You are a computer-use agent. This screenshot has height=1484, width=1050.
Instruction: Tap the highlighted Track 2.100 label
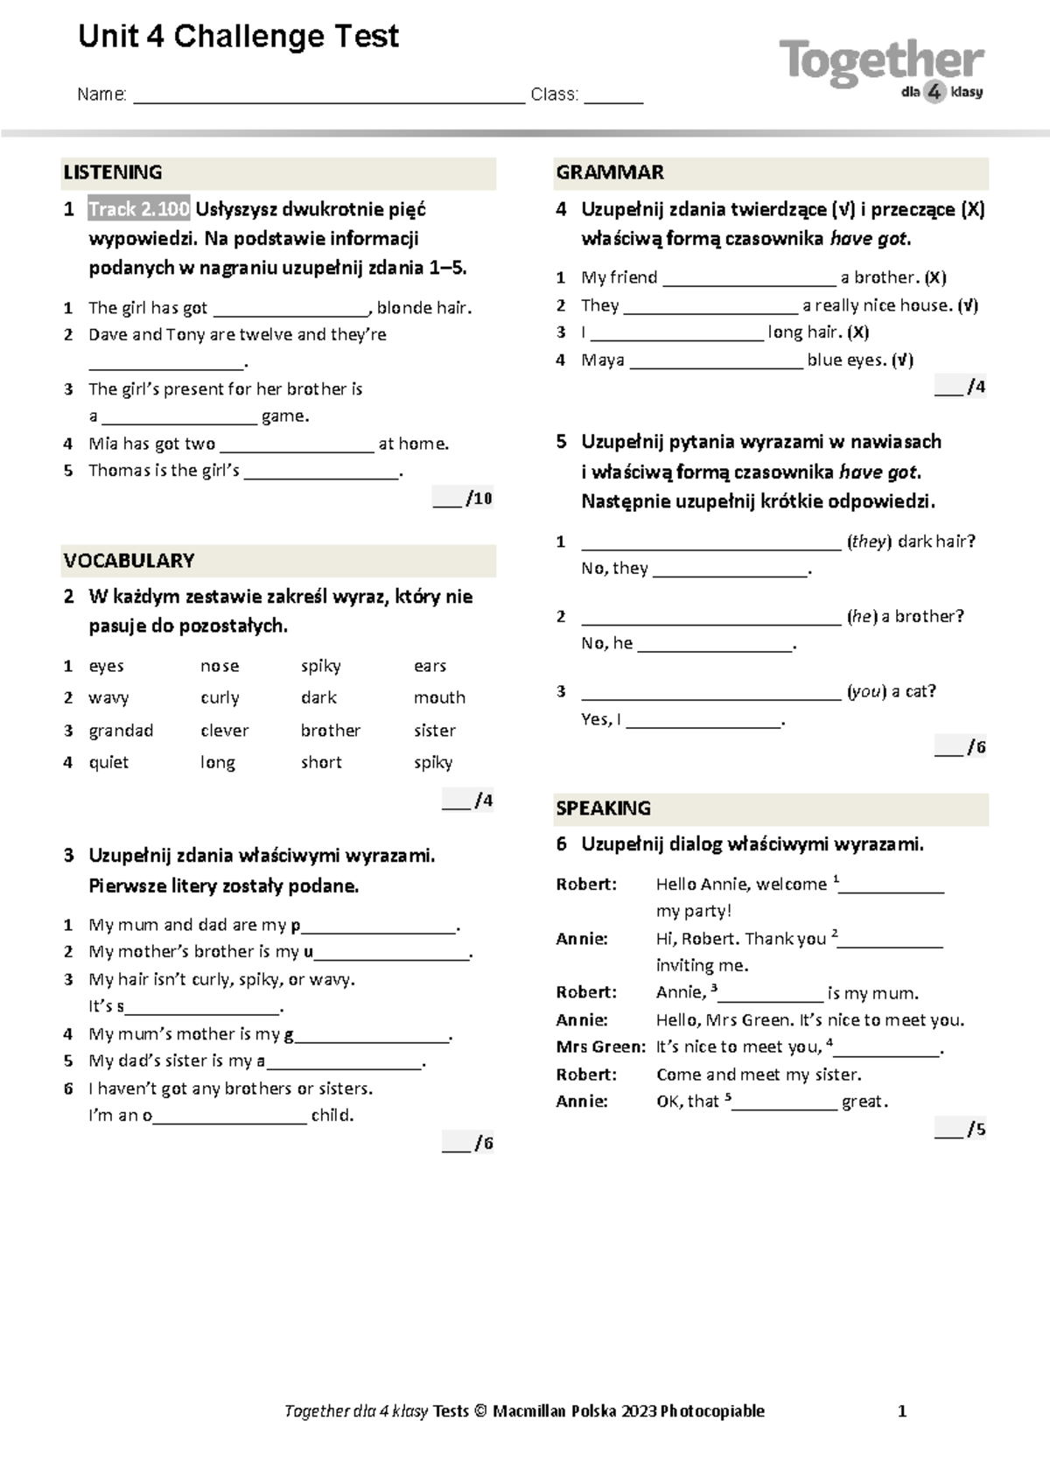point(139,209)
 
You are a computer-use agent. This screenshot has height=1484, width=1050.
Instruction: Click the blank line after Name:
point(328,96)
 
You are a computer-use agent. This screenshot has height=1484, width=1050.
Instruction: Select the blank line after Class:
point(613,96)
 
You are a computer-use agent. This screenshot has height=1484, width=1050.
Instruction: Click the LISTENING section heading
point(113,172)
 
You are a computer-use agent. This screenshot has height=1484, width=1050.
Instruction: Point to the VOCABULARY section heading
point(129,560)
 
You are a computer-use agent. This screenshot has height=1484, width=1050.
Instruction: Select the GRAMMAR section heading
point(610,172)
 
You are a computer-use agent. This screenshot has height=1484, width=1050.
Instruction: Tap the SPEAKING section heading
point(604,808)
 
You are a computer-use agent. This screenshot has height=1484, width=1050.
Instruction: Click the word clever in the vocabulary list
point(225,731)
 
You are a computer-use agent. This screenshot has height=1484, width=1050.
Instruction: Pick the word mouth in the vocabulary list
point(439,698)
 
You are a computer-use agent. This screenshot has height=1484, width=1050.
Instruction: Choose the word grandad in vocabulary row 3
point(121,731)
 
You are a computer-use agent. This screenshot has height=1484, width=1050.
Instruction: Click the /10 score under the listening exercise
point(478,499)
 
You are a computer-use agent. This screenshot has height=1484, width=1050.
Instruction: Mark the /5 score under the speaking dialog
point(975,1130)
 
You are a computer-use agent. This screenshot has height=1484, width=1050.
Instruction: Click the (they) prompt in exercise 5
point(869,542)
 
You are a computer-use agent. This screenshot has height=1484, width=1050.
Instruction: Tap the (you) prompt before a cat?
point(866,691)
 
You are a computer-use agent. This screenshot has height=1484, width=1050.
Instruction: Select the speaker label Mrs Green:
point(600,1047)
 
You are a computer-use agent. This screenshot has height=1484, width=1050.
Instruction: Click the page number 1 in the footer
point(902,1411)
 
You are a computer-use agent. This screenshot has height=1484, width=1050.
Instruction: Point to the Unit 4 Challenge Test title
point(238,37)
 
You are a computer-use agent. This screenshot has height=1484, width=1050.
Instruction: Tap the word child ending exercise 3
point(332,1116)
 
